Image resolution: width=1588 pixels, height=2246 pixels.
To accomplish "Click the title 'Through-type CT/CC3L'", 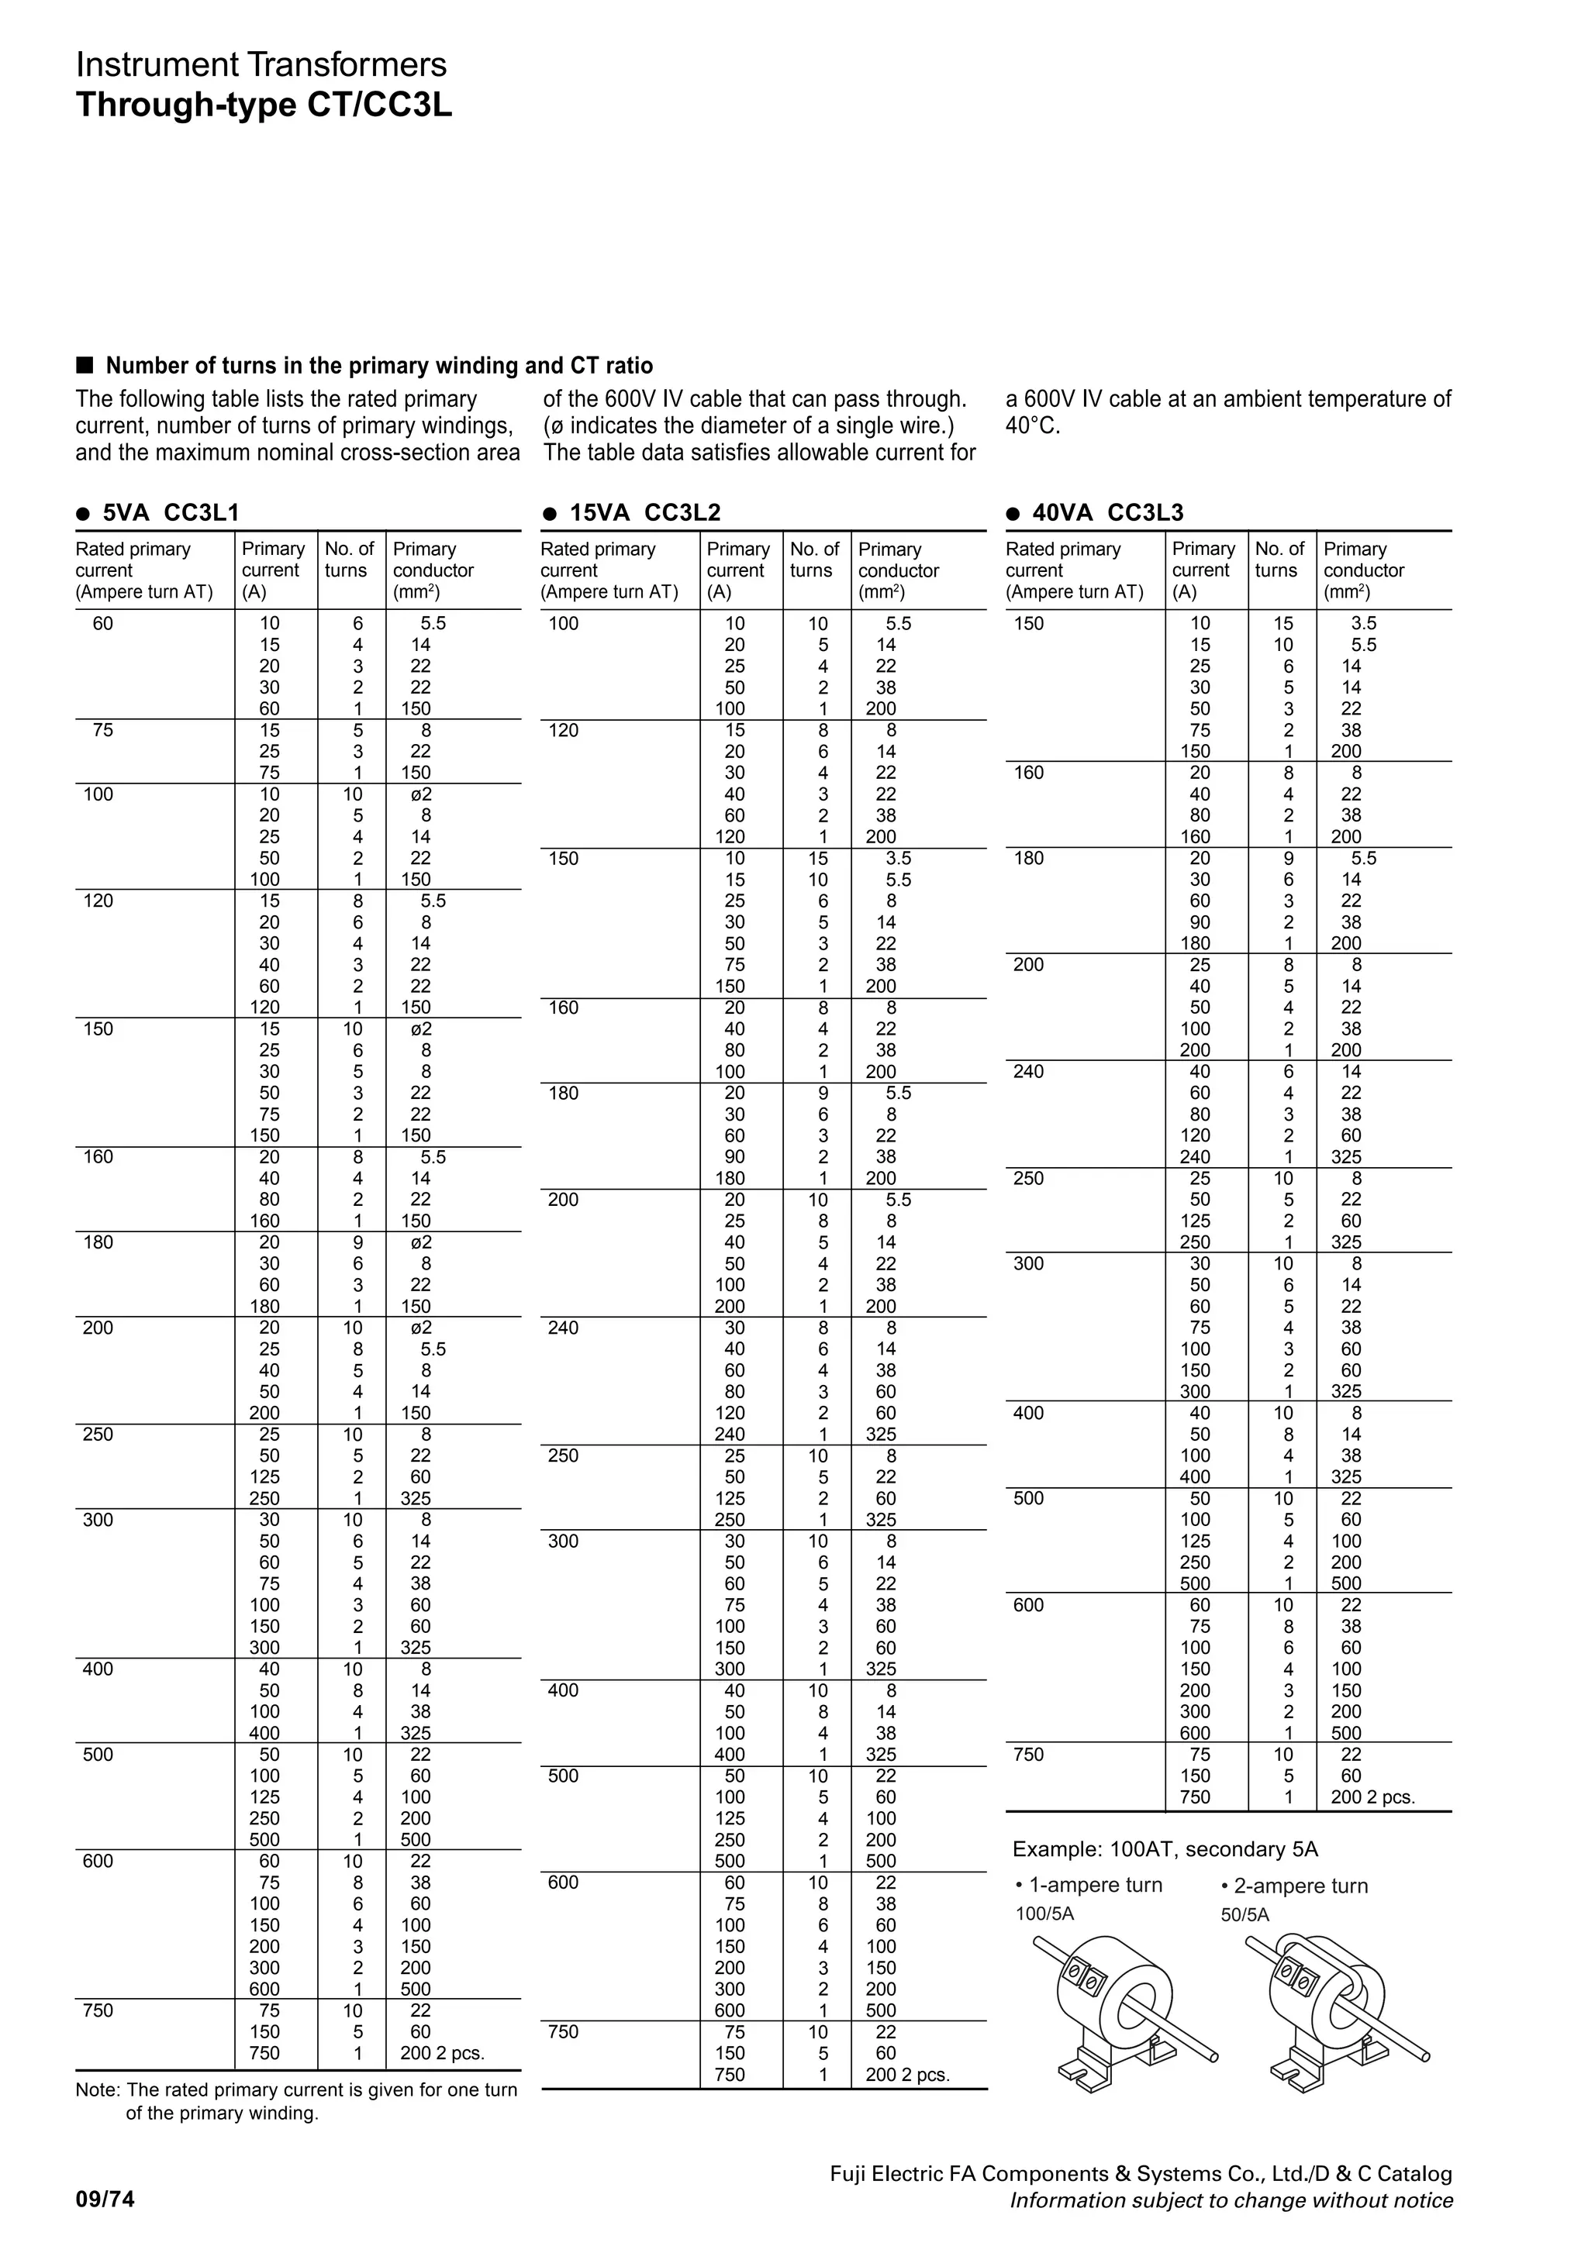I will tap(264, 105).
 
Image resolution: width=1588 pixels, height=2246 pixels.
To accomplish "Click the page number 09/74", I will tap(105, 2200).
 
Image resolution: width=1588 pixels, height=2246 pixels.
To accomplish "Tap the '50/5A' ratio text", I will tap(1245, 1914).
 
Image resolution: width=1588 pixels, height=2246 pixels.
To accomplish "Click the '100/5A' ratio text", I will tap(1045, 1914).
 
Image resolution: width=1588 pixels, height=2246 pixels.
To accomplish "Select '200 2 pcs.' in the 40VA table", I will tap(1372, 1797).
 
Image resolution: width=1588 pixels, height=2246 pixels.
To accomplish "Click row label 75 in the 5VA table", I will tap(102, 730).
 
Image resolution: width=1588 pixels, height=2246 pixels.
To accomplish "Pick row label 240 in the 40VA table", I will tap(1028, 1071).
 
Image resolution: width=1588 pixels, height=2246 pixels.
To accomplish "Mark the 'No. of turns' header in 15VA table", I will tap(815, 560).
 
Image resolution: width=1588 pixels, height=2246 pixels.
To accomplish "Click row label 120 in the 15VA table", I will tap(564, 730).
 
